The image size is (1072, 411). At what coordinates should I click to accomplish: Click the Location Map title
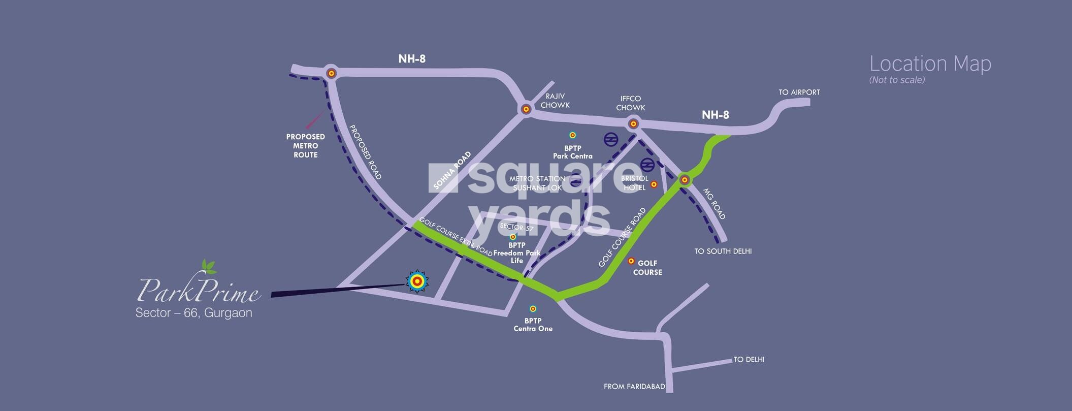point(930,64)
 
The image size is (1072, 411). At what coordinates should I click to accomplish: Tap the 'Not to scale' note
point(897,80)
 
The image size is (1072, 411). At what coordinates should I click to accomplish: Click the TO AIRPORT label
point(799,92)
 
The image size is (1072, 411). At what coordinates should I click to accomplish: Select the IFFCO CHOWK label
point(631,103)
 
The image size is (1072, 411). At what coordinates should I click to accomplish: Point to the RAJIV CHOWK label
point(555,101)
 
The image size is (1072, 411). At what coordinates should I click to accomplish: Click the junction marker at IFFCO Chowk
point(633,123)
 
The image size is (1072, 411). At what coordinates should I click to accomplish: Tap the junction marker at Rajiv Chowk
point(526,109)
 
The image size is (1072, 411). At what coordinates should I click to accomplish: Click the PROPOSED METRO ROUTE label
point(305,146)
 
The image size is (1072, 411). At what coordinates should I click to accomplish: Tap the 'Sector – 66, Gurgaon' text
point(193,313)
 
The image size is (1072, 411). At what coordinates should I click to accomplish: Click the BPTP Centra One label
point(533,325)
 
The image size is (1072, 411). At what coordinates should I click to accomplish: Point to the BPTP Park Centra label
point(572,152)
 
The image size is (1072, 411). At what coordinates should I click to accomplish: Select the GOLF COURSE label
point(647,268)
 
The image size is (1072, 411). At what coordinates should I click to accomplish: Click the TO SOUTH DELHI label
point(723,251)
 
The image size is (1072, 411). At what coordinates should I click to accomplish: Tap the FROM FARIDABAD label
point(634,387)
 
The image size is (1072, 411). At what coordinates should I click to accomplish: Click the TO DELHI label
point(749,360)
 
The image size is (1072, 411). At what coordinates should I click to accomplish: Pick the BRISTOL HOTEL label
point(634,183)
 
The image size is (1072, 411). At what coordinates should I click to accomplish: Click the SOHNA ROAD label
point(453,171)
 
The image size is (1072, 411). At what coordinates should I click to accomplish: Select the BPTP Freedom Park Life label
point(516,253)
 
